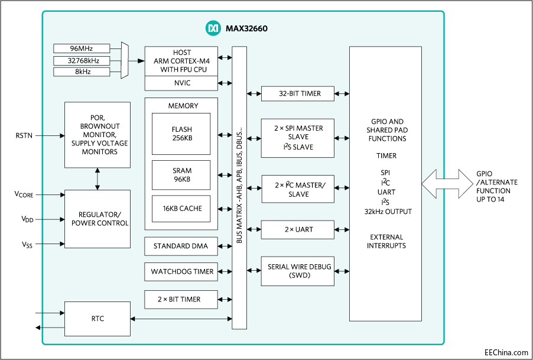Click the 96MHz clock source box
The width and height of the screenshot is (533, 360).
click(81, 48)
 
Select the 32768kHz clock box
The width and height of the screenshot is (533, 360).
click(81, 60)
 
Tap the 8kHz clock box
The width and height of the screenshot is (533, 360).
click(81, 72)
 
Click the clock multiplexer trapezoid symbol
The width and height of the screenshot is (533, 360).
click(124, 60)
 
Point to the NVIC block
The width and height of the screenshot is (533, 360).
click(181, 83)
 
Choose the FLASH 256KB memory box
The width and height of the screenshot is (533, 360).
click(181, 134)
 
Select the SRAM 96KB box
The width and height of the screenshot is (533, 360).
click(181, 175)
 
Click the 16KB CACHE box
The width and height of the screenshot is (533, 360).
click(181, 209)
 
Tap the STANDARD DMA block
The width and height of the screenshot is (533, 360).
click(181, 246)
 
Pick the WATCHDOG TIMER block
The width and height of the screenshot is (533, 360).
click(181, 272)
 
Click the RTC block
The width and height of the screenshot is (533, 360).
click(97, 319)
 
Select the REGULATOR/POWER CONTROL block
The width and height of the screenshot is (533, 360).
click(97, 219)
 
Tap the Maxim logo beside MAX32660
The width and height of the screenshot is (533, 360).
click(212, 28)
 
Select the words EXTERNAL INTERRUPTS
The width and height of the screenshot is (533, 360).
click(386, 241)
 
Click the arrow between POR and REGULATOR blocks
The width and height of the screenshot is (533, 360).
click(97, 179)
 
